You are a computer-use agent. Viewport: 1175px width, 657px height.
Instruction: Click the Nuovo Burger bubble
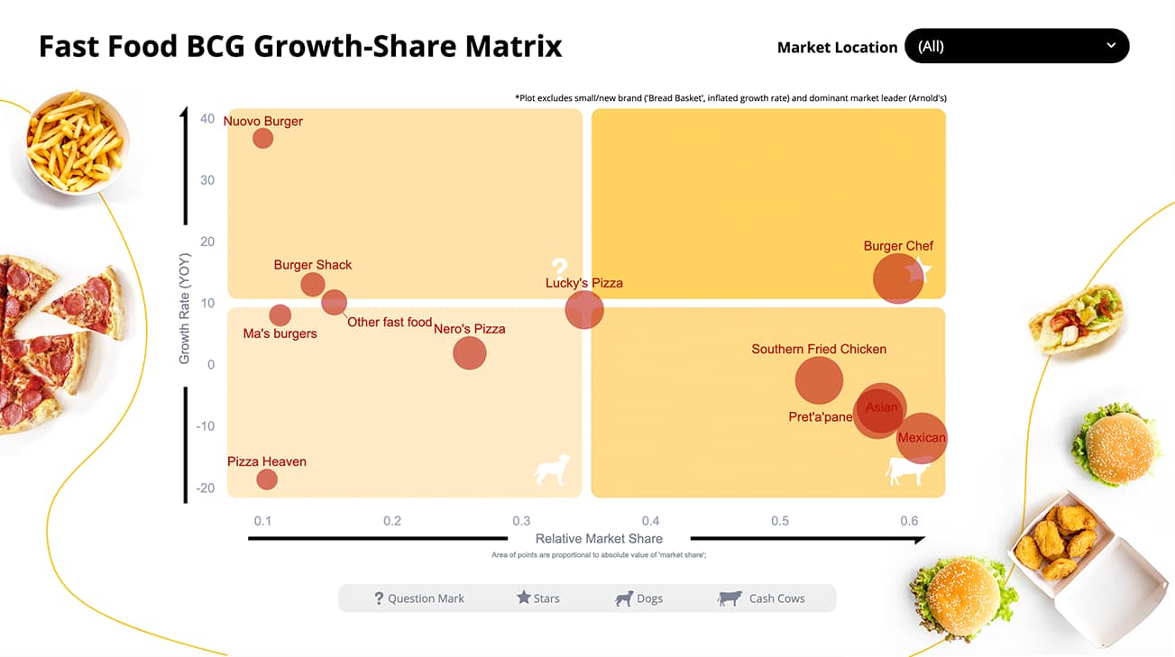262,138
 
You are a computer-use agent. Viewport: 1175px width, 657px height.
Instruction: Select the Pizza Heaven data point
266,479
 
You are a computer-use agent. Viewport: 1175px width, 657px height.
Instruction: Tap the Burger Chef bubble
897,278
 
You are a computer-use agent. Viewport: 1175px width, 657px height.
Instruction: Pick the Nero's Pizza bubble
469,352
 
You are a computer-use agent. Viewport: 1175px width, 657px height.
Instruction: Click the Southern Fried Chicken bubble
819,380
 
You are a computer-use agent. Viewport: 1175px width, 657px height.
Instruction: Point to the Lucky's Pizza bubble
584,311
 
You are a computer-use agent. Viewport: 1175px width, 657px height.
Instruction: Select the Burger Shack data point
313,284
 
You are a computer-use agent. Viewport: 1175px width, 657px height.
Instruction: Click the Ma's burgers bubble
280,315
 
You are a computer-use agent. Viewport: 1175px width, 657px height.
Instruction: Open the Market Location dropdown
1016,46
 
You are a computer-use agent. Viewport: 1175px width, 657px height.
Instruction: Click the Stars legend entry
538,598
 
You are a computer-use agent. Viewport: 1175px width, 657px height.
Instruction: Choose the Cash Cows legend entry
762,598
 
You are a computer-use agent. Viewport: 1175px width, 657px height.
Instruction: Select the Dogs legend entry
639,598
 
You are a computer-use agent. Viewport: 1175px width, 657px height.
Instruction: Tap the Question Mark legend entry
419,598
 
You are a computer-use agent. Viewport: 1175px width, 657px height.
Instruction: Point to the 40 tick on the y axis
207,119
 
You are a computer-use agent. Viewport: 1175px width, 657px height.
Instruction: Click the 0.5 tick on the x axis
780,521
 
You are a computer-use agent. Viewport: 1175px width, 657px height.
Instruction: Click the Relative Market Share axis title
599,539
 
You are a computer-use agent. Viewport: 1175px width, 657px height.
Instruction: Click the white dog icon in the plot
552,470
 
